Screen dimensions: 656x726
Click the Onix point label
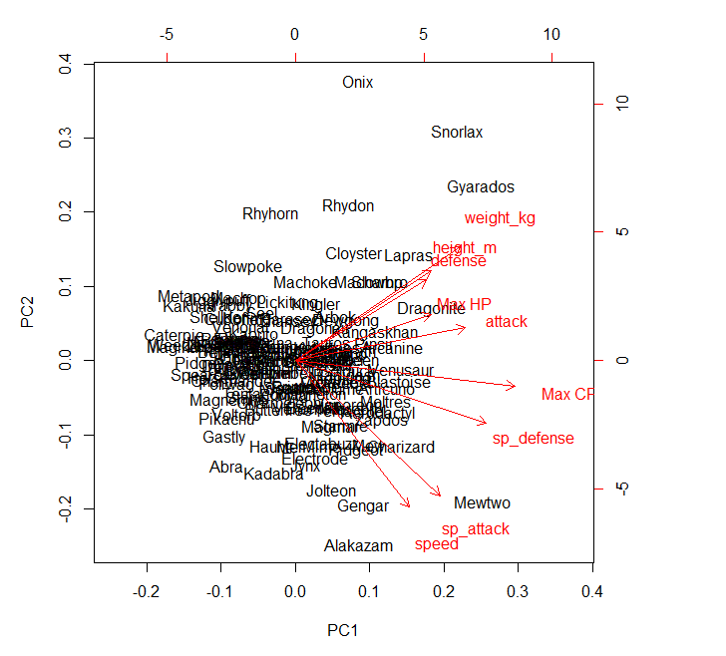click(x=357, y=83)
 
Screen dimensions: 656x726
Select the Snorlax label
click(x=457, y=133)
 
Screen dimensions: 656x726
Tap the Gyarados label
click(x=481, y=187)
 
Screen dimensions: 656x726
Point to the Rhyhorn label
click(x=270, y=214)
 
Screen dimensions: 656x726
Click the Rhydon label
click(x=348, y=206)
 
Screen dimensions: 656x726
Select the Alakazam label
click(x=358, y=546)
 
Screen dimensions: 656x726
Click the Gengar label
click(x=363, y=506)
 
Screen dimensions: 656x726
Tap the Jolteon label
click(x=331, y=492)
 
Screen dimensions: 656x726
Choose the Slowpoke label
click(x=247, y=267)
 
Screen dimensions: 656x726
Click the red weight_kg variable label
click(x=500, y=218)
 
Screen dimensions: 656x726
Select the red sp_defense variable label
click(x=534, y=439)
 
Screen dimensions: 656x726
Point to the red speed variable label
click(x=437, y=544)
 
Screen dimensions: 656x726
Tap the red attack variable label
click(x=507, y=322)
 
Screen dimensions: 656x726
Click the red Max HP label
click(x=465, y=304)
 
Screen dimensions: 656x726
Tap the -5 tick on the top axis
click(x=167, y=34)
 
